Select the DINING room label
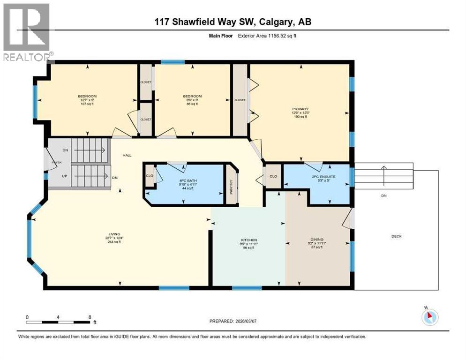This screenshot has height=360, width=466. (x=317, y=239)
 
